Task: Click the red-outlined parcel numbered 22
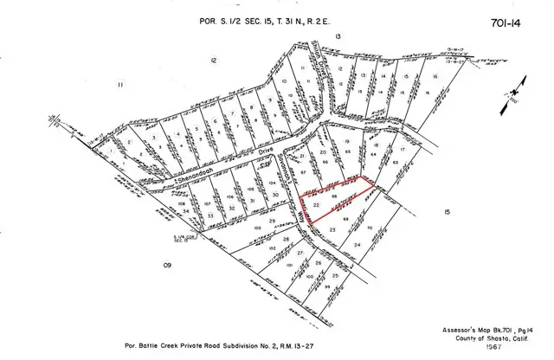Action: (x=317, y=204)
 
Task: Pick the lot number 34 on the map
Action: (x=185, y=210)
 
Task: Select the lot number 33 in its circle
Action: (x=210, y=215)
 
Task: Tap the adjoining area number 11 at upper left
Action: (x=121, y=84)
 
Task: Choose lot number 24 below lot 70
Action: (x=357, y=245)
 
